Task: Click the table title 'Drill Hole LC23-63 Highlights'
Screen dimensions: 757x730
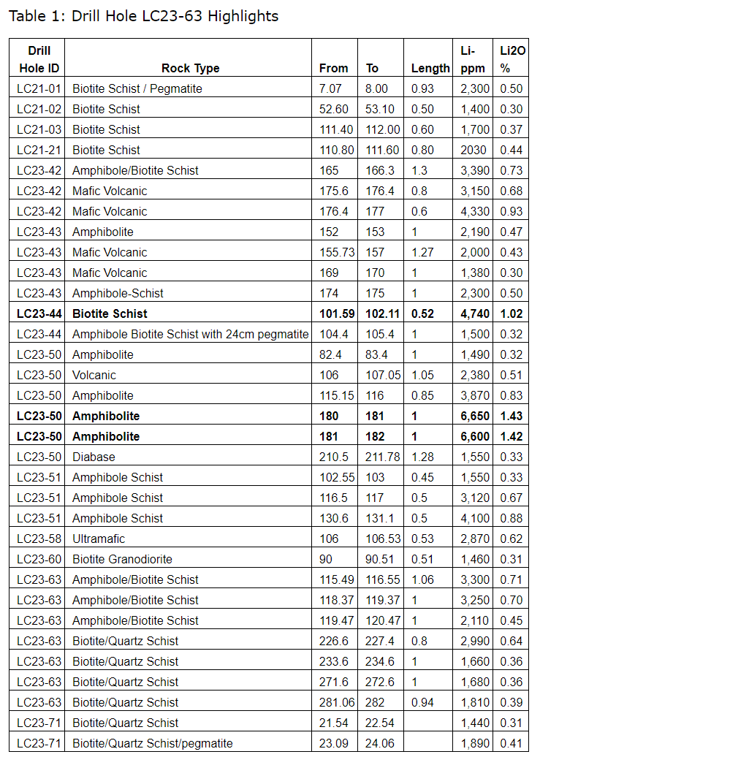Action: [143, 16]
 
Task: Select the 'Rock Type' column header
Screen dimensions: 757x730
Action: [190, 68]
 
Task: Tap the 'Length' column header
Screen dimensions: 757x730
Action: [430, 68]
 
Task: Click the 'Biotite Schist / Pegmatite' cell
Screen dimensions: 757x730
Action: [137, 88]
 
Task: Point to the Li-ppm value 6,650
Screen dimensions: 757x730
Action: [474, 416]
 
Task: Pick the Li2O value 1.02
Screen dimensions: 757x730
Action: [512, 313]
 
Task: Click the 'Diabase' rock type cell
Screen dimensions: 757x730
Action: [94, 457]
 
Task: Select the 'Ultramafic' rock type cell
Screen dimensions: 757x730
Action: [99, 539]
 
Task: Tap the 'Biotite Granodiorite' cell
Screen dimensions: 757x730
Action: [122, 559]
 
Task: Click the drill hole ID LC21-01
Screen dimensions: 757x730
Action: [39, 88]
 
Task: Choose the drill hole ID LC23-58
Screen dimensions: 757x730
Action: [39, 539]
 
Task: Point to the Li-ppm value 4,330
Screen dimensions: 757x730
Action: [474, 211]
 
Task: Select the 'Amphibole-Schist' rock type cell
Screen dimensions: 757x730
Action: [118, 293]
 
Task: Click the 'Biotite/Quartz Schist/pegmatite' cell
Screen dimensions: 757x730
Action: [153, 743]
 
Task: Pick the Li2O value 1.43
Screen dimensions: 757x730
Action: [512, 416]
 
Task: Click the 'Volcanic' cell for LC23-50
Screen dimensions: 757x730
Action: [94, 375]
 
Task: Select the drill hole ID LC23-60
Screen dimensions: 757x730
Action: [39, 559]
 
